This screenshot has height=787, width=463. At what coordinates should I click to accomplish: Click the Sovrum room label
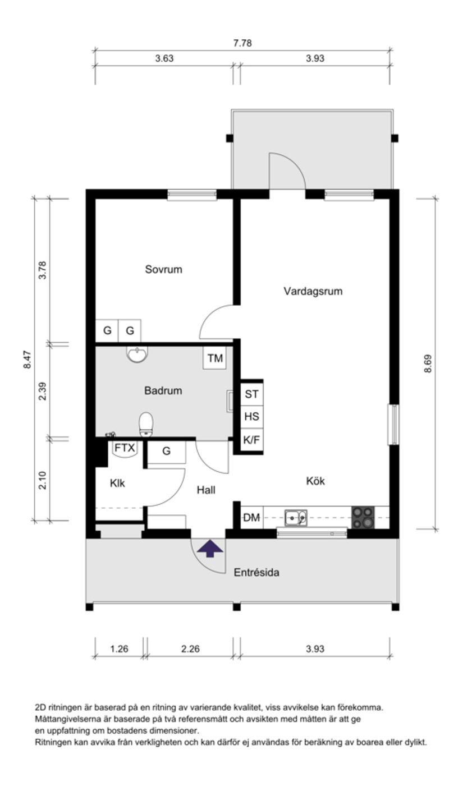tap(163, 269)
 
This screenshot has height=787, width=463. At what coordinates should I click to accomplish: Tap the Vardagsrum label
tap(313, 291)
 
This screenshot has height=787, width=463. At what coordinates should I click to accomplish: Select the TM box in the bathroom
tap(215, 358)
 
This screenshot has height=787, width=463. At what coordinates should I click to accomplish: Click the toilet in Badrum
tap(146, 424)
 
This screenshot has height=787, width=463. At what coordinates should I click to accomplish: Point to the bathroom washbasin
tap(137, 355)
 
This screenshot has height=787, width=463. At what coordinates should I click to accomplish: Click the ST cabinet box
tap(251, 394)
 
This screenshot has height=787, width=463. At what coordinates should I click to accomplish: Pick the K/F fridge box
tap(251, 440)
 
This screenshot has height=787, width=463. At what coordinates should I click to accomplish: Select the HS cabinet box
tap(251, 416)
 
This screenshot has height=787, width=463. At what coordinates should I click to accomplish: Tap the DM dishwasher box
tap(252, 518)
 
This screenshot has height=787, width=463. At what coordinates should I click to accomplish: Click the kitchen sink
tap(295, 517)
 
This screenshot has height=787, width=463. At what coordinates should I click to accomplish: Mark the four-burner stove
tap(363, 517)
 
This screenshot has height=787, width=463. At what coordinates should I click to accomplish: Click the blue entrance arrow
tap(210, 548)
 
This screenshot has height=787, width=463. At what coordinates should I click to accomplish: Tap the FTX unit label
tap(125, 448)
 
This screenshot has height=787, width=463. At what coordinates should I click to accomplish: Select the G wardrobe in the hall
tap(166, 451)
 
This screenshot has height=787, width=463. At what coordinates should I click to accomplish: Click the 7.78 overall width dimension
tap(242, 43)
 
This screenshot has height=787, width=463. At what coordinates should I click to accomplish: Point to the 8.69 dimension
tap(428, 363)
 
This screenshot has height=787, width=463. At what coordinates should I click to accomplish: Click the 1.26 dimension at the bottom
tap(119, 649)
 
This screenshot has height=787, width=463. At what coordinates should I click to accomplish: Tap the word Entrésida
tap(256, 573)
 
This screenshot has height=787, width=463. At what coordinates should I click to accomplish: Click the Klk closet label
tap(117, 483)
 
